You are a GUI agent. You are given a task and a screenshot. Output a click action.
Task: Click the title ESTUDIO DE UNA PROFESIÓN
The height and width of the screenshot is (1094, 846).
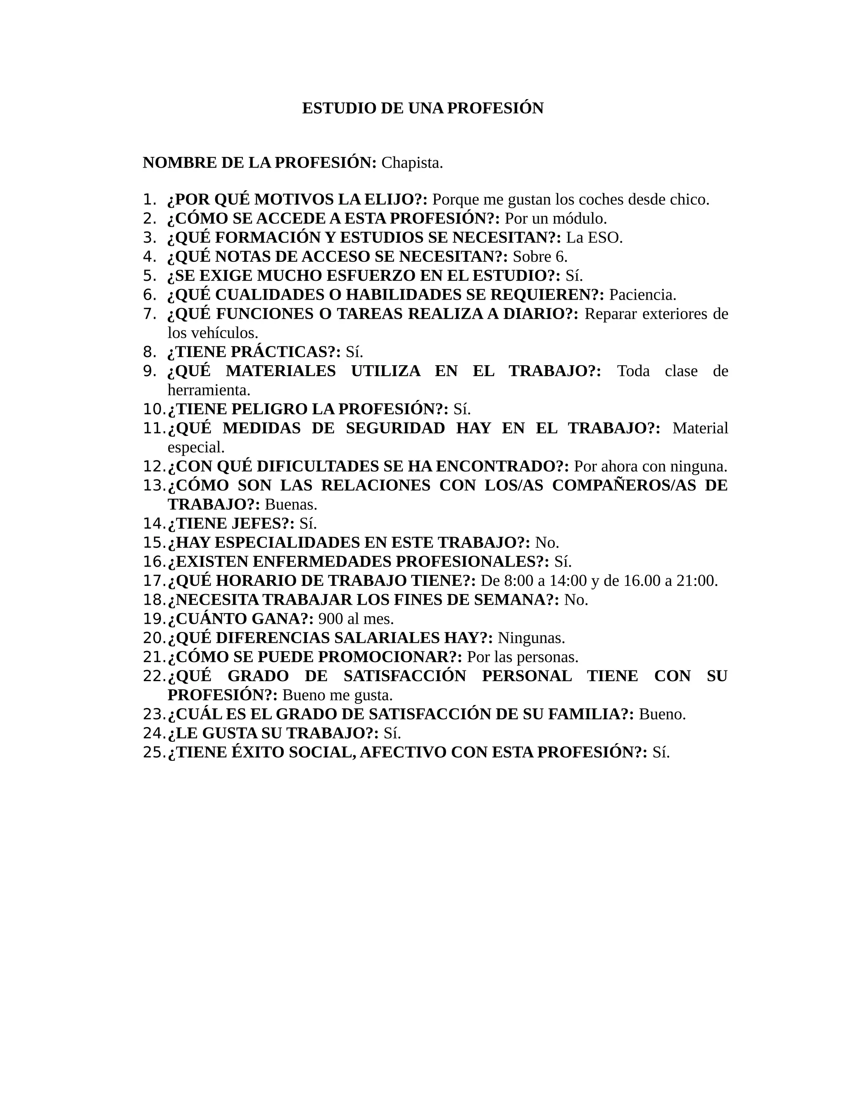click(x=423, y=108)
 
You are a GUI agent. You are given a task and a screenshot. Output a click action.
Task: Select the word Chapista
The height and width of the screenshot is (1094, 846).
click(x=412, y=163)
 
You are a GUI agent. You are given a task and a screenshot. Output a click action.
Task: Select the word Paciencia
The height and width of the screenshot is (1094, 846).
click(x=642, y=295)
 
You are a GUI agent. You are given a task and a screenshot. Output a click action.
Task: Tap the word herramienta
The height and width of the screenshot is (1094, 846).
click(x=209, y=390)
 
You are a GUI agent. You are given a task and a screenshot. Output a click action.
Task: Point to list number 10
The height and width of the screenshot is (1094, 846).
click(x=153, y=409)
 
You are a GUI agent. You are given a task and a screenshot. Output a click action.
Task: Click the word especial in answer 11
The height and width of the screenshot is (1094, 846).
click(x=195, y=448)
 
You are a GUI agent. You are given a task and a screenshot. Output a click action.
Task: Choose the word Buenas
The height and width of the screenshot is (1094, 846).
click(x=291, y=504)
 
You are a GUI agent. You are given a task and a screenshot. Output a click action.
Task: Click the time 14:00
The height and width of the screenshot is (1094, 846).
click(x=568, y=581)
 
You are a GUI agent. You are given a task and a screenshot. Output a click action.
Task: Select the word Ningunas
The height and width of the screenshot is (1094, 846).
click(x=531, y=638)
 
